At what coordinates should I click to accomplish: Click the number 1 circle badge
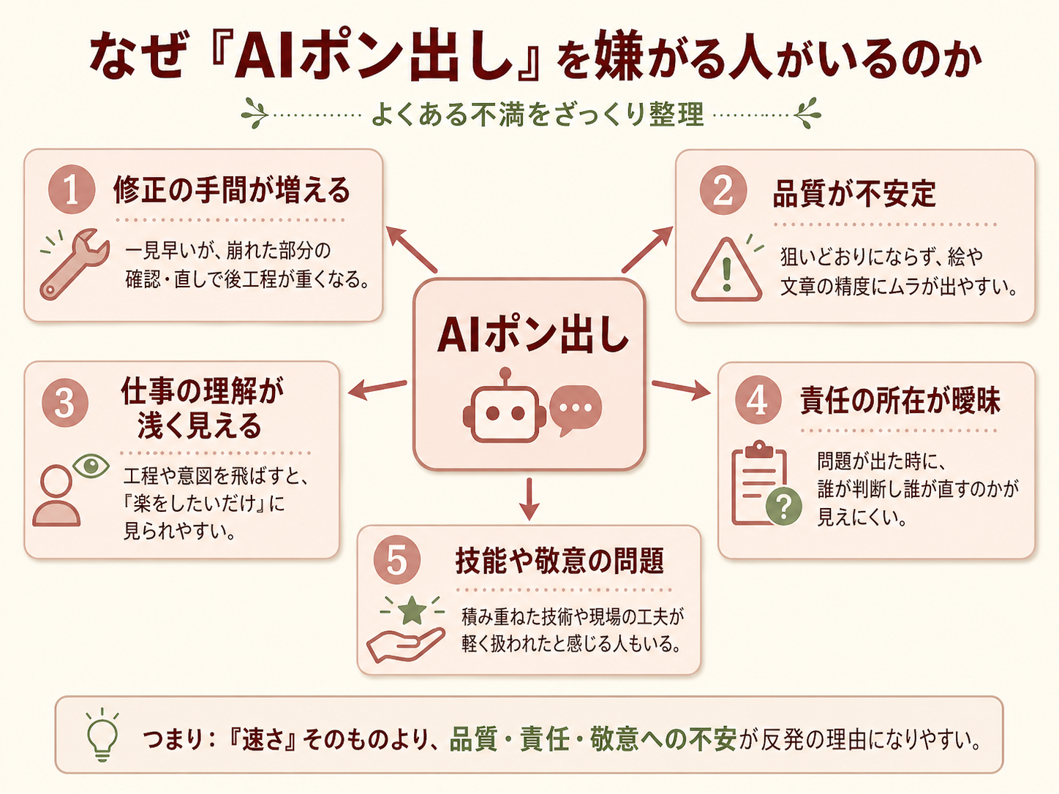(72, 189)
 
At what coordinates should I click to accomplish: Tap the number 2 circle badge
(723, 190)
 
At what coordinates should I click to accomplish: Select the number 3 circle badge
(65, 403)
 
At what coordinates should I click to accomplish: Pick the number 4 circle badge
(758, 400)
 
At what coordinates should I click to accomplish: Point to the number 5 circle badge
(396, 560)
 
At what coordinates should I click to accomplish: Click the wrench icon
(75, 264)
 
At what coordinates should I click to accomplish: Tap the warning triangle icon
(726, 270)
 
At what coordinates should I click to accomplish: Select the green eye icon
(91, 466)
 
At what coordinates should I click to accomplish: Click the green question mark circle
(784, 506)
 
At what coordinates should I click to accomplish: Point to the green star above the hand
(412, 610)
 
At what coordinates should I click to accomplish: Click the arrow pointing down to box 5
(529, 499)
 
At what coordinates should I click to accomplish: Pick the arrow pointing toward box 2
(647, 249)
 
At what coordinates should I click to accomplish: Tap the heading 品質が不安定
(854, 193)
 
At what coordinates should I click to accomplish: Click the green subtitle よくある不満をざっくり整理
(538, 115)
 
